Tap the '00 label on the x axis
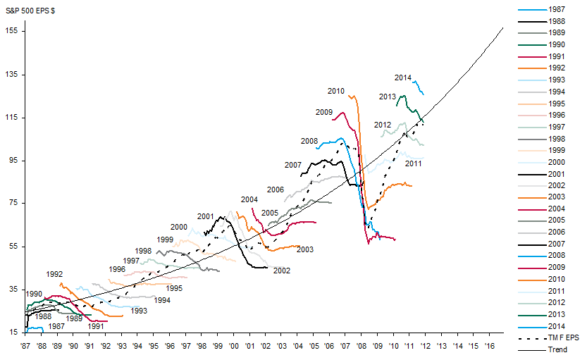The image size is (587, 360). [x=233, y=347]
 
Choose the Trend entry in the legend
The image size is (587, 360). [x=557, y=349]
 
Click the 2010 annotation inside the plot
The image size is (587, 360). [x=335, y=91]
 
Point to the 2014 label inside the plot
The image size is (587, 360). [x=403, y=77]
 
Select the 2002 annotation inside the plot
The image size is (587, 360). [x=281, y=271]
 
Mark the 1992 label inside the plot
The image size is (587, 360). [x=54, y=275]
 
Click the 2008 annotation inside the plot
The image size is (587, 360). [x=309, y=141]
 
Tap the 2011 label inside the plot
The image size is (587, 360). [x=413, y=163]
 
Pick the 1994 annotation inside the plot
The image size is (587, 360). [x=162, y=300]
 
